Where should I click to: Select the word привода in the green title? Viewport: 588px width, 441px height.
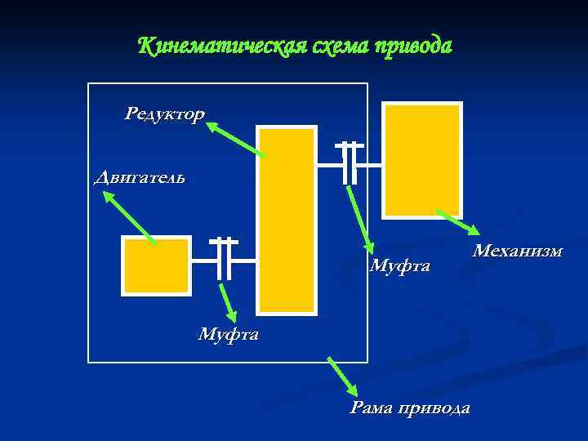(412, 46)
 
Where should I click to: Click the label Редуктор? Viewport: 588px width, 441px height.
(164, 114)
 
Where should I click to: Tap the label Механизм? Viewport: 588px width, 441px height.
(517, 250)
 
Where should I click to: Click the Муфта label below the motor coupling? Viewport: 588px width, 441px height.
(228, 333)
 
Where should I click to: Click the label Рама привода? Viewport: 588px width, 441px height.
(409, 408)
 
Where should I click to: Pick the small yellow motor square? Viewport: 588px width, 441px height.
(155, 265)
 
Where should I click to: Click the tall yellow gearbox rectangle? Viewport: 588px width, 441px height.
(287, 220)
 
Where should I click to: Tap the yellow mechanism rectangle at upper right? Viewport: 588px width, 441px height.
(422, 160)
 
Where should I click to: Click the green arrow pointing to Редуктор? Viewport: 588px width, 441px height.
(236, 140)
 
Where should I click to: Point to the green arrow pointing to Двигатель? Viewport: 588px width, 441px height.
(130, 218)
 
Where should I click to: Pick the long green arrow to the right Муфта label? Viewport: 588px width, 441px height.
(360, 220)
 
